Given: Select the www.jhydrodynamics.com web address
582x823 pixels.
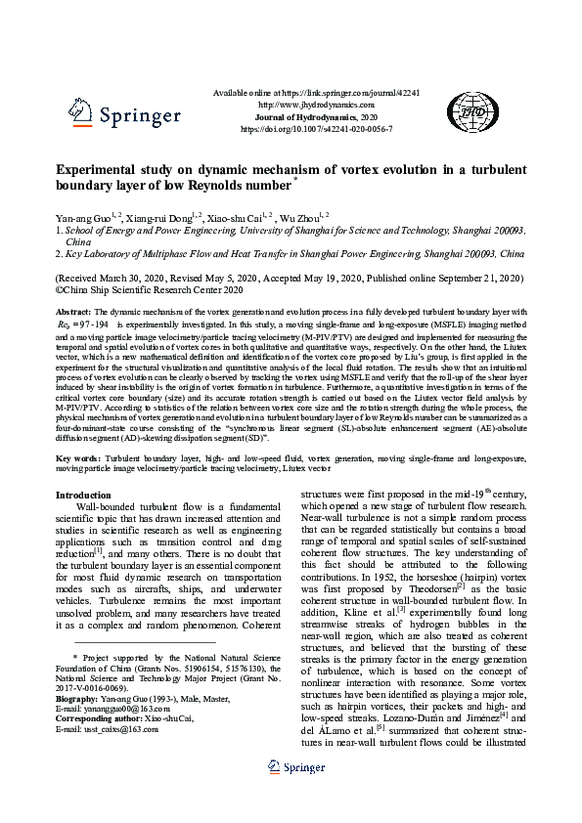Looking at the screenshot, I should [316, 104].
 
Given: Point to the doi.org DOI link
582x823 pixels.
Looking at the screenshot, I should [316, 128].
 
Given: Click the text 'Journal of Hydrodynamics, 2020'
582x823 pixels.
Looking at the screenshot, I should [316, 115].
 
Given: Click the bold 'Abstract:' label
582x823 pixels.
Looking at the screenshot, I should [74, 310].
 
